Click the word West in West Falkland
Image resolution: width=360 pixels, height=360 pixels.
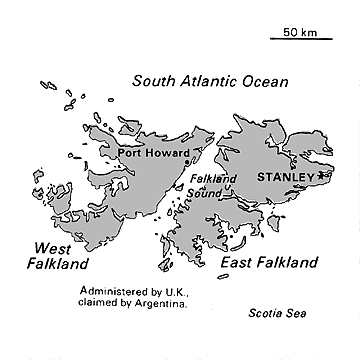(x=53, y=248)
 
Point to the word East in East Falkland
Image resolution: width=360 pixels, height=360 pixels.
(x=236, y=262)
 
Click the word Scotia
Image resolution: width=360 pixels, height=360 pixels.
(x=263, y=313)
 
